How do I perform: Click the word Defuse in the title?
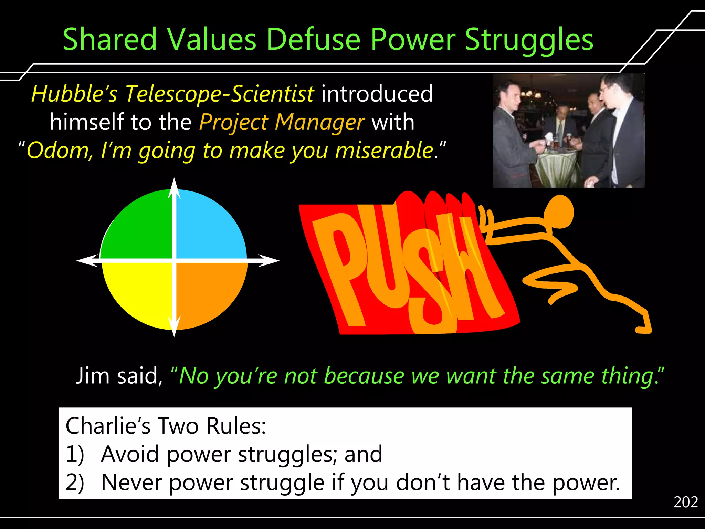[313, 39]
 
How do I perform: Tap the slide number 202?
[685, 502]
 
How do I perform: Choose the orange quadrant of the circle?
[210, 293]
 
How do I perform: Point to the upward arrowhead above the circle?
[174, 188]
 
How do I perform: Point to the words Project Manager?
[282, 122]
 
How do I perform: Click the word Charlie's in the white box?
[108, 426]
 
